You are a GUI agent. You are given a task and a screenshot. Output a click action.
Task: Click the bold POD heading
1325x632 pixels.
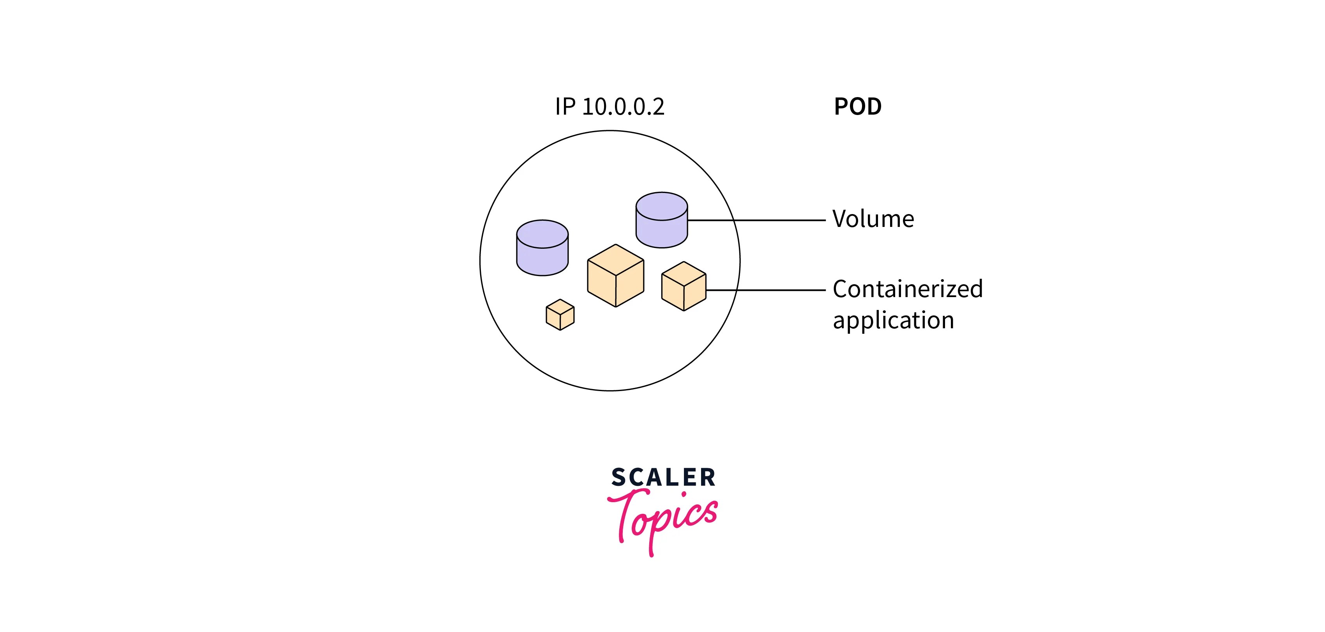[x=857, y=106]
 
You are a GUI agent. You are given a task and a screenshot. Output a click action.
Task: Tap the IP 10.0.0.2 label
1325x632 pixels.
[x=609, y=106]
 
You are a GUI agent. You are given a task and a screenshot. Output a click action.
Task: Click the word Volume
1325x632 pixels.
[x=873, y=219]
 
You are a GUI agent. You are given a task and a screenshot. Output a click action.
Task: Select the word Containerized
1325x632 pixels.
[x=907, y=289]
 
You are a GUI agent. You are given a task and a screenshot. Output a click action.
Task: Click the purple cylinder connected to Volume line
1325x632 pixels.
[x=661, y=220]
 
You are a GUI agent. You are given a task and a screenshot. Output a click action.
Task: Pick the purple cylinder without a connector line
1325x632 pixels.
[x=542, y=248]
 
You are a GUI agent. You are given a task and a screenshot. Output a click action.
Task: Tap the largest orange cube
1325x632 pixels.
[x=616, y=276]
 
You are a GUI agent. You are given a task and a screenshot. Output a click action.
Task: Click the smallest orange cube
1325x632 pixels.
[x=560, y=315]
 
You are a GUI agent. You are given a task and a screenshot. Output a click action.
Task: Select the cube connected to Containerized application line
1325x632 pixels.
[x=684, y=286]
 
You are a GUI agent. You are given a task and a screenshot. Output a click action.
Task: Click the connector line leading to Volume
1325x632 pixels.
[x=772, y=220]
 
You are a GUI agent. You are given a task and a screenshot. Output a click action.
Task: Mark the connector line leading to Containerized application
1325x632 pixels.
[x=772, y=290]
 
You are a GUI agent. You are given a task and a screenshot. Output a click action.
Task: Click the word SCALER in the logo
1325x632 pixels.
[x=663, y=478]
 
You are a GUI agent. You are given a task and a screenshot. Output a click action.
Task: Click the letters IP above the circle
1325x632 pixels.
[x=565, y=106]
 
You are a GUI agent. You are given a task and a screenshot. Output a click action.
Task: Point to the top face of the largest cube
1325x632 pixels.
[x=616, y=260]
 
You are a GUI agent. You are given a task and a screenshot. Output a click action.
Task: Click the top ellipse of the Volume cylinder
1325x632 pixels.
[x=661, y=206]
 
